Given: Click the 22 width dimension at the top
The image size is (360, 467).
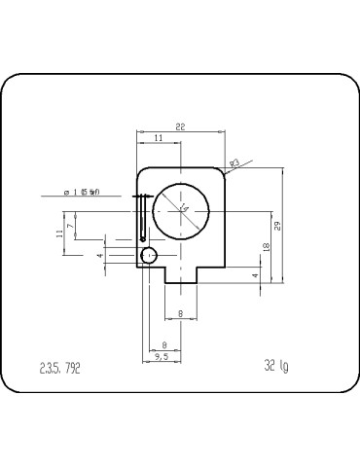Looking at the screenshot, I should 181,126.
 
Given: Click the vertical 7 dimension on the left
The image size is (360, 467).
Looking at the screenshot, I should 83,226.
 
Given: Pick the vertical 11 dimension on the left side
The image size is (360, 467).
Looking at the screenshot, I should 60,233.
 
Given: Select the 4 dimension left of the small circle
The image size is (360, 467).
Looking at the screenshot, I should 99,255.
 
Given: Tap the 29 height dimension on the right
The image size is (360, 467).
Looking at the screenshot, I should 277,226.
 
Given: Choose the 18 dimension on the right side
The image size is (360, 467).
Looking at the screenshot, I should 267,249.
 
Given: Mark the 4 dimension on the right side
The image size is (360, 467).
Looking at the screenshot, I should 256,275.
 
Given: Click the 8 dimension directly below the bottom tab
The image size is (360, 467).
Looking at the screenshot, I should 181,313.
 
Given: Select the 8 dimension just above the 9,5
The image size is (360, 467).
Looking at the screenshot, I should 163,345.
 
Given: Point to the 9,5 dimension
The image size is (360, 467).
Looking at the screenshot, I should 162,358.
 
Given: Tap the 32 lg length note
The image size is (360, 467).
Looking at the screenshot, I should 275,368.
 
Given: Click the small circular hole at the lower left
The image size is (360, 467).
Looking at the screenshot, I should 149,255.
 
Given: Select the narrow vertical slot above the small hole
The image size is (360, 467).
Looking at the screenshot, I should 144,218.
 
